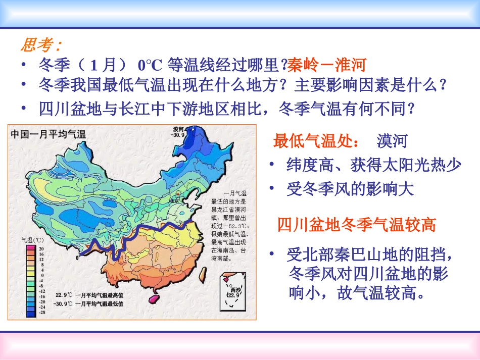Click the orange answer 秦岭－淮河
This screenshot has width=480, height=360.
click(326, 65)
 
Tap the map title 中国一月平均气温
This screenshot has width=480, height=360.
click(49, 134)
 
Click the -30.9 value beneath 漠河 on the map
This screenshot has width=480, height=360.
click(178, 135)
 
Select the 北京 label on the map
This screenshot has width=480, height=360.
click(174, 200)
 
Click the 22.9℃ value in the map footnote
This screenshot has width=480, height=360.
click(65, 295)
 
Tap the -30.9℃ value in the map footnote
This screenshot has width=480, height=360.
click(65, 304)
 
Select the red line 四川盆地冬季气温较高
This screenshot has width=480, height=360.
click(356, 225)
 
